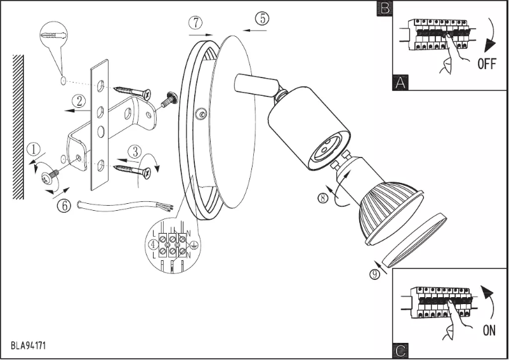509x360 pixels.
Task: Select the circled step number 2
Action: coord(79,100)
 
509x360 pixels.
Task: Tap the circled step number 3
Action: coord(135,151)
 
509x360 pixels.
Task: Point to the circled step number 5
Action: coord(261,18)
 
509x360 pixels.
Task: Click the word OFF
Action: coord(487,63)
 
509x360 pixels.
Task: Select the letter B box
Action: coord(384,8)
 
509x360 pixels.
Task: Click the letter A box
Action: coord(399,83)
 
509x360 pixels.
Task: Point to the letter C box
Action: coord(400,350)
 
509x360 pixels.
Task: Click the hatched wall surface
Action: coord(18,127)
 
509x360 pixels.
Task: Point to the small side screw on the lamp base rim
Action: coord(201,114)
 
